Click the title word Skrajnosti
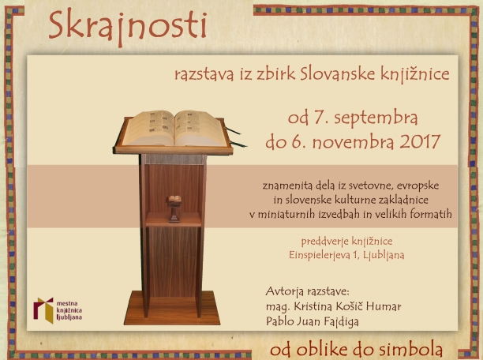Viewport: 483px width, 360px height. coord(127,27)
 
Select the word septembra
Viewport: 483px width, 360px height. coord(376,118)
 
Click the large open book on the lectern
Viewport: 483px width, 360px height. coord(174,128)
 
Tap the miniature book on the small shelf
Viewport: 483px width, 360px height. coord(174,199)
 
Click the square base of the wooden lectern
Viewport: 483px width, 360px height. coord(173,308)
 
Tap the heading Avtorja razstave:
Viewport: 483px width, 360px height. coord(307,291)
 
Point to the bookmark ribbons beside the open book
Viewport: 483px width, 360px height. coord(236,137)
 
